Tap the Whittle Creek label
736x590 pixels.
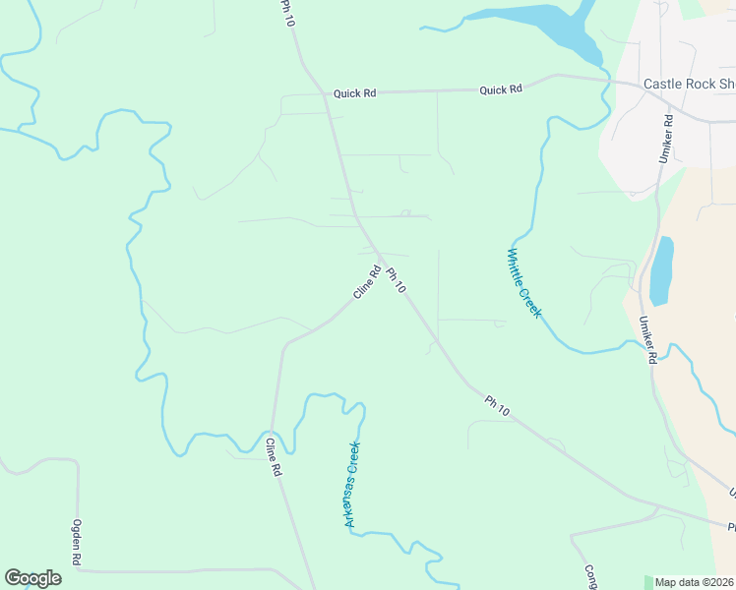point(523,282)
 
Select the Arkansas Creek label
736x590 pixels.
point(350,485)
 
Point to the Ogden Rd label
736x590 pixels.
point(76,542)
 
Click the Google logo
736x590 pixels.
point(32,578)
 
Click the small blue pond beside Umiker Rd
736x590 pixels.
point(661,269)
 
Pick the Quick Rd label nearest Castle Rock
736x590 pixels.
point(501,89)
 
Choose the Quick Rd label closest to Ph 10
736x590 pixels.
point(354,93)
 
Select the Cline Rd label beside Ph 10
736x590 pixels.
point(366,283)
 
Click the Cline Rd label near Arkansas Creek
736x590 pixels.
point(273,457)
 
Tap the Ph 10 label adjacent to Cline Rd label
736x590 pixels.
point(396,281)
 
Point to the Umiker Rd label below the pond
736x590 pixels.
point(646,340)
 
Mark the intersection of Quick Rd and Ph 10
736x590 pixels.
point(326,93)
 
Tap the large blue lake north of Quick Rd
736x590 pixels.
point(551,25)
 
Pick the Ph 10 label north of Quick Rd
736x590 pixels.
point(287,14)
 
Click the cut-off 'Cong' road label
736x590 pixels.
point(590,576)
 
